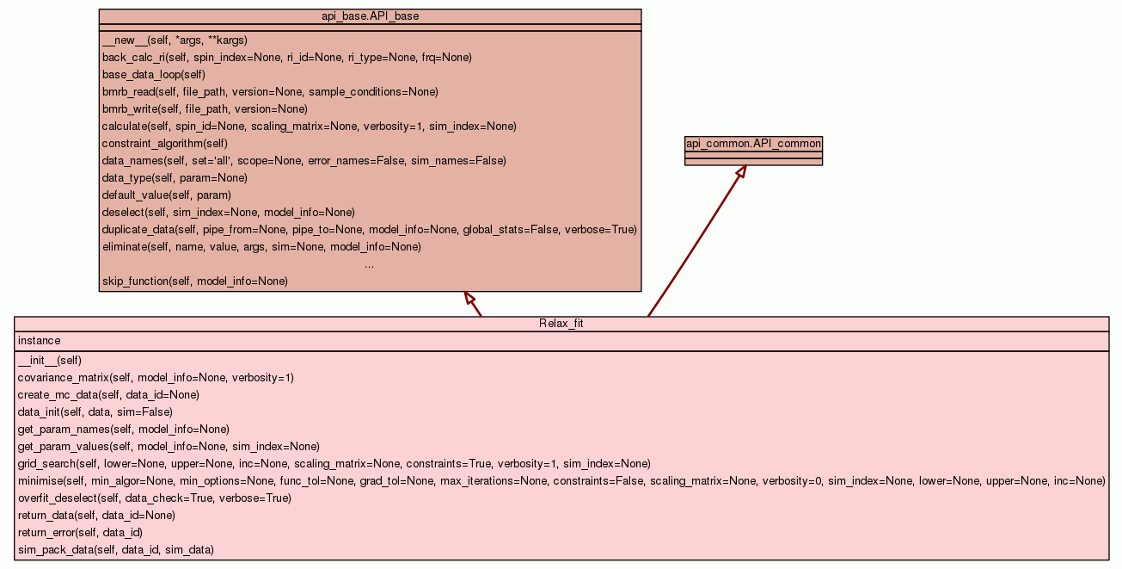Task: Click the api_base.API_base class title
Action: (x=370, y=16)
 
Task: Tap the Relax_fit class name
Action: (x=561, y=324)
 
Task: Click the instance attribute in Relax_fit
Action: (x=39, y=341)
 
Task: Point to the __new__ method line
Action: (x=175, y=40)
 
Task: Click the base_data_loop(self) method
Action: (x=153, y=75)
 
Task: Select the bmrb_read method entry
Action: (x=270, y=92)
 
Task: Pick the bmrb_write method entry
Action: (x=205, y=109)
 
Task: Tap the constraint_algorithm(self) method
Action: (x=164, y=144)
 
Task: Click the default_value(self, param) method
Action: (x=166, y=195)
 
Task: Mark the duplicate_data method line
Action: (x=369, y=230)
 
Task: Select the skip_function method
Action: (x=194, y=281)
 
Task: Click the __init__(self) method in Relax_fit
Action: (x=50, y=361)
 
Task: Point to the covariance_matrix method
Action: (x=156, y=378)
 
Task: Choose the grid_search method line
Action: (x=334, y=464)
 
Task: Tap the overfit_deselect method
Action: (x=154, y=498)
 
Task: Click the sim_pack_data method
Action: (x=115, y=550)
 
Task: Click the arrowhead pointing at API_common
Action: (x=740, y=171)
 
